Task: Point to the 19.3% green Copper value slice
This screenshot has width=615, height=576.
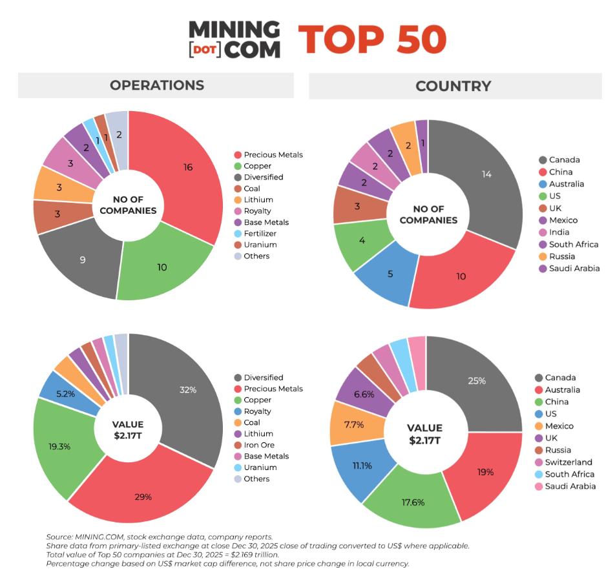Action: pos(59,446)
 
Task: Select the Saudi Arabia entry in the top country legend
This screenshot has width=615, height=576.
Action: pos(574,269)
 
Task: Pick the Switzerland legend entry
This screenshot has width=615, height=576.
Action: pos(568,462)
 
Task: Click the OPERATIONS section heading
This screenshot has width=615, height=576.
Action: pos(156,85)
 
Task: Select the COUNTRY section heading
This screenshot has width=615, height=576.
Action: pos(453,86)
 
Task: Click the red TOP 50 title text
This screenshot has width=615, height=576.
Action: pos(372,40)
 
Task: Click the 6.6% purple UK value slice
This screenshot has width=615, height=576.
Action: pos(364,393)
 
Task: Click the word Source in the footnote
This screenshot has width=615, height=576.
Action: pos(59,537)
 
